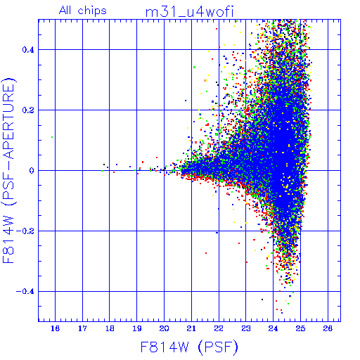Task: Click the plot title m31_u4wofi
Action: (190, 13)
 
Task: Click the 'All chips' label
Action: (83, 11)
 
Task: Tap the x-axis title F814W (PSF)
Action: (189, 347)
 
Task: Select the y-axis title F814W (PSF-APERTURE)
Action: (8, 170)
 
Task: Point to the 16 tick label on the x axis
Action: (55, 328)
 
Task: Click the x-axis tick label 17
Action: (82, 328)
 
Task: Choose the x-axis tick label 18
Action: (110, 328)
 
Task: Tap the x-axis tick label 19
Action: (137, 328)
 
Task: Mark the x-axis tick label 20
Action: (164, 328)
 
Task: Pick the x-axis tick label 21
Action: (191, 328)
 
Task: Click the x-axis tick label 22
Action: (219, 328)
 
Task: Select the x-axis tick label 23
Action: (246, 328)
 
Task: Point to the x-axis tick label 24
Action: (273, 328)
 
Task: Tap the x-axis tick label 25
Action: (300, 328)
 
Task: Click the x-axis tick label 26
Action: (328, 328)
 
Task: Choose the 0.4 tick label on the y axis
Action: (28, 50)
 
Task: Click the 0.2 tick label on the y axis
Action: (28, 110)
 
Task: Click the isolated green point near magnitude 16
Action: (52, 137)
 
